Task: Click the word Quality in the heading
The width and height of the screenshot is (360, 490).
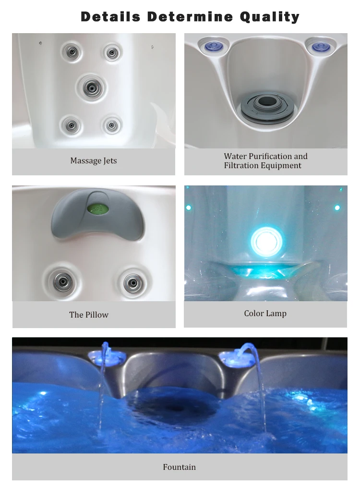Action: pyautogui.click(x=270, y=17)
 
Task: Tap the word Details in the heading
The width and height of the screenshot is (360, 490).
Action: pyautogui.click(x=111, y=17)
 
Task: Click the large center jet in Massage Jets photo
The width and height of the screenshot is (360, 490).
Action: pyautogui.click(x=91, y=87)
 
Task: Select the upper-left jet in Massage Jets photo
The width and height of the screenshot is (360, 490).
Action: pyautogui.click(x=72, y=51)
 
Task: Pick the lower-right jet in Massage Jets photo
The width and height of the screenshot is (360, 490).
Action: pyautogui.click(x=112, y=125)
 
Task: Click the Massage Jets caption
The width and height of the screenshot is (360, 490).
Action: pyautogui.click(x=94, y=161)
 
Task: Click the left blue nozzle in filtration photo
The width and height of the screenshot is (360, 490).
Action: pyautogui.click(x=213, y=46)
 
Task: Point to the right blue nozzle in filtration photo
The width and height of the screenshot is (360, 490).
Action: pyautogui.click(x=319, y=47)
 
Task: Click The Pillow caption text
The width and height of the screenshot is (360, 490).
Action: pyautogui.click(x=89, y=315)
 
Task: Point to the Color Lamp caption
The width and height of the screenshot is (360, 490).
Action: pyautogui.click(x=265, y=314)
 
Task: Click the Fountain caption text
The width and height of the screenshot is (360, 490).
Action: pyautogui.click(x=180, y=467)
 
